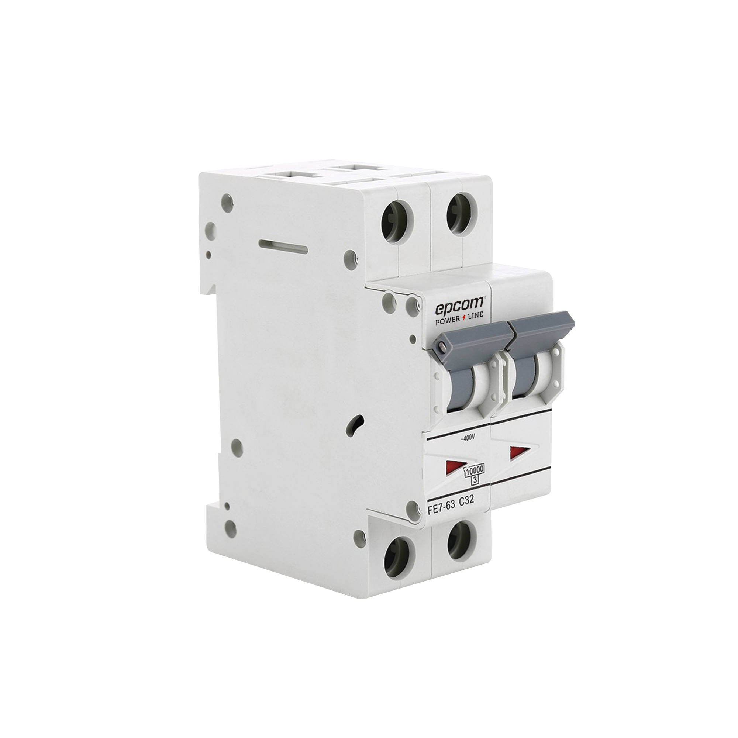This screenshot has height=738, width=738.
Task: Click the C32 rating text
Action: pyautogui.click(x=466, y=502)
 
